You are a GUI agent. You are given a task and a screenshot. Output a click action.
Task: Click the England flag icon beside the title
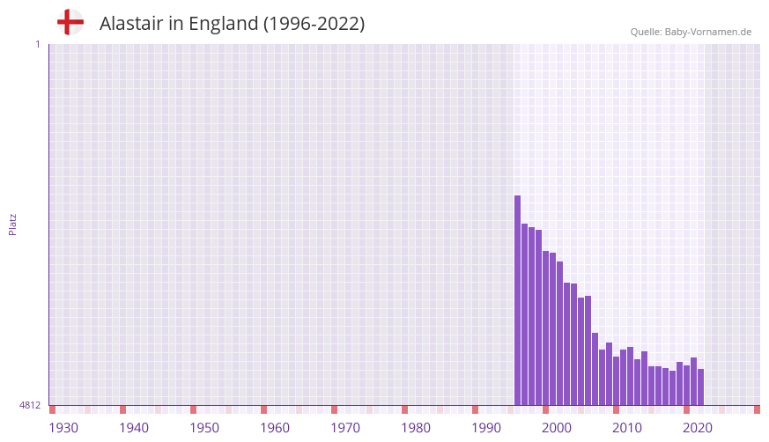(70, 23)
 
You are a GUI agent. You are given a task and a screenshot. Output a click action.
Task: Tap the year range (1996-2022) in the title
(314, 24)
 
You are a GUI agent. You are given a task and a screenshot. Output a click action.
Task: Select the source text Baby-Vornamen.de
(708, 32)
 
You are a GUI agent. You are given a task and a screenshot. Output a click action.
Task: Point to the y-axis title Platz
(12, 224)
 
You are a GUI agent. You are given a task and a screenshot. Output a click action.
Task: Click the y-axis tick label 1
(37, 44)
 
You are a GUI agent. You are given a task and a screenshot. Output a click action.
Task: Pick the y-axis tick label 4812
(30, 406)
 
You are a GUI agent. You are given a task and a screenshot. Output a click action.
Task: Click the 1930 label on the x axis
(63, 428)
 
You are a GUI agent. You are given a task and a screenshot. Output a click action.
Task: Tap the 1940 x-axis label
(134, 428)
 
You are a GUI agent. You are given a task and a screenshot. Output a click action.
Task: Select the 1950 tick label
(204, 428)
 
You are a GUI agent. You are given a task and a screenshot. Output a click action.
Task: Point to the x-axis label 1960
(275, 428)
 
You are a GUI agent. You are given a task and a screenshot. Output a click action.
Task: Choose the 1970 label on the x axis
(345, 428)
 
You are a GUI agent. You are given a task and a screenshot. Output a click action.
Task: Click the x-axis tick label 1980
(416, 428)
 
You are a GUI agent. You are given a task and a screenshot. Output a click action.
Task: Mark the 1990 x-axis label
(486, 428)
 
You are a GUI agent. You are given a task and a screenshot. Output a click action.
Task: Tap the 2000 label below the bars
(557, 428)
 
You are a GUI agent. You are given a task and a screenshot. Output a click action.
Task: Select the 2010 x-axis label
(627, 428)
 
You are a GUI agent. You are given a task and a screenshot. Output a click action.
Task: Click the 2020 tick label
(698, 428)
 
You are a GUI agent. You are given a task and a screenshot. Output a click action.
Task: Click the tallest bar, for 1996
(518, 299)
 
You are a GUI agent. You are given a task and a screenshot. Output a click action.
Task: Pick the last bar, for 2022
(701, 387)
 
